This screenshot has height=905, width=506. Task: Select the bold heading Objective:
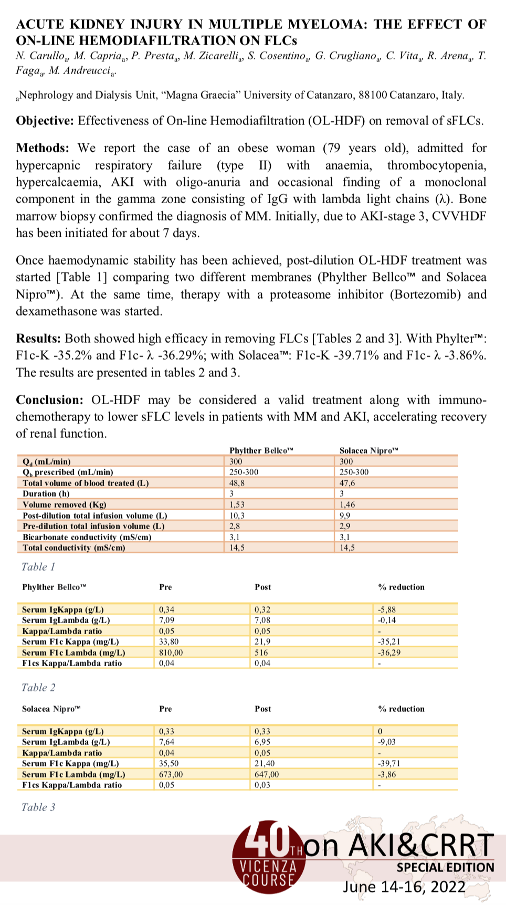click(x=45, y=121)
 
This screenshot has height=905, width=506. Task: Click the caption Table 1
click(x=38, y=567)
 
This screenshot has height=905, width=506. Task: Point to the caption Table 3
click(x=38, y=807)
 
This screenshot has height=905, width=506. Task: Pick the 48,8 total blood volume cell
click(x=237, y=483)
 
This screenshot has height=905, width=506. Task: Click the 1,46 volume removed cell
click(x=347, y=504)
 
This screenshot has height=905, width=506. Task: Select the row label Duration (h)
click(x=46, y=493)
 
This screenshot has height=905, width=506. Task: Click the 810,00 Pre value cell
click(x=171, y=653)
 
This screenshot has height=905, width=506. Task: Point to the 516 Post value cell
click(x=261, y=653)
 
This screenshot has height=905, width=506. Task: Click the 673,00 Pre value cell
click(x=171, y=774)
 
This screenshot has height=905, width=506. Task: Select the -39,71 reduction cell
click(x=389, y=763)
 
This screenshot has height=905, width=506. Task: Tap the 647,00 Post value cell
click(x=267, y=774)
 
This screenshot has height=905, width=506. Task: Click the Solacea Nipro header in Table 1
click(x=369, y=450)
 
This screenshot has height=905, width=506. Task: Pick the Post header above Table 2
click(x=263, y=587)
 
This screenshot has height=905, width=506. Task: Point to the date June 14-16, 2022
click(x=404, y=887)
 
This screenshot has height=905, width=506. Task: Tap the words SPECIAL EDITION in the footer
click(x=445, y=868)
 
